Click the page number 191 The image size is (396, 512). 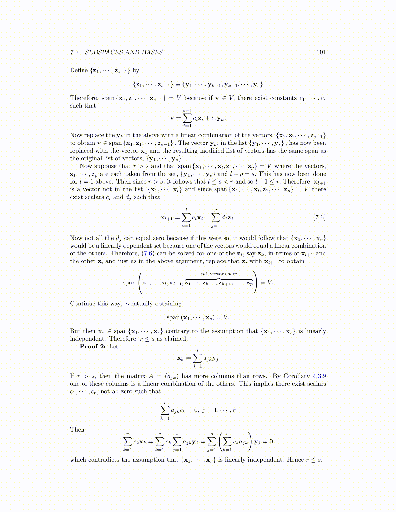point(321,52)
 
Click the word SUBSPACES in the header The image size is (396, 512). point(104,52)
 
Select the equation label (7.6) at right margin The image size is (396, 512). point(319,217)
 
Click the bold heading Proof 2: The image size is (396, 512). point(93,347)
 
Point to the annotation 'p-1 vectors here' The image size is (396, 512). point(219,274)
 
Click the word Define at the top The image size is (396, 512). point(79,70)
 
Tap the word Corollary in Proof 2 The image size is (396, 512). point(296,376)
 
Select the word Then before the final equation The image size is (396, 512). point(77,430)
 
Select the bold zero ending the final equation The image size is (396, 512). point(271,442)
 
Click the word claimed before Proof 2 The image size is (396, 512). point(176,339)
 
